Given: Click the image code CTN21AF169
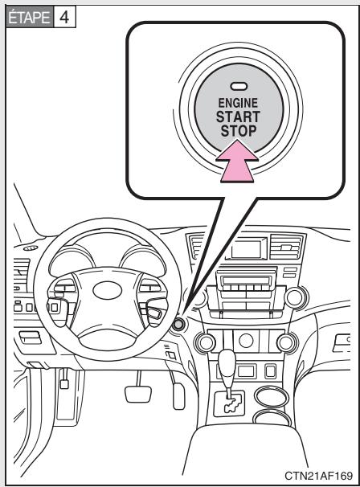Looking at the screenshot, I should (x=317, y=474).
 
